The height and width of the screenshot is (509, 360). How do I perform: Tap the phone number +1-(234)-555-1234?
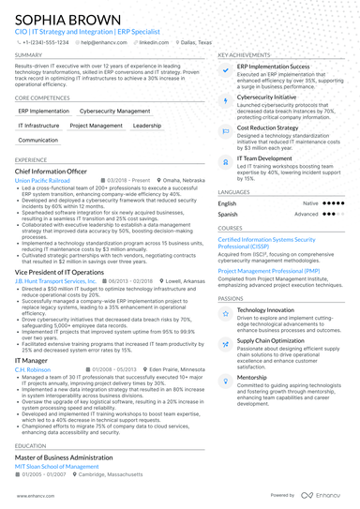[46, 42]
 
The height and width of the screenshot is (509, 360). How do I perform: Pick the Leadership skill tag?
[147, 125]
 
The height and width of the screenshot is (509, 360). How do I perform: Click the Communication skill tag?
[38, 140]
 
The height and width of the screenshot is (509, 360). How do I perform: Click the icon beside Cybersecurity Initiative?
[226, 98]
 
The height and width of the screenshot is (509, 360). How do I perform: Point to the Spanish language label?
[228, 214]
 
